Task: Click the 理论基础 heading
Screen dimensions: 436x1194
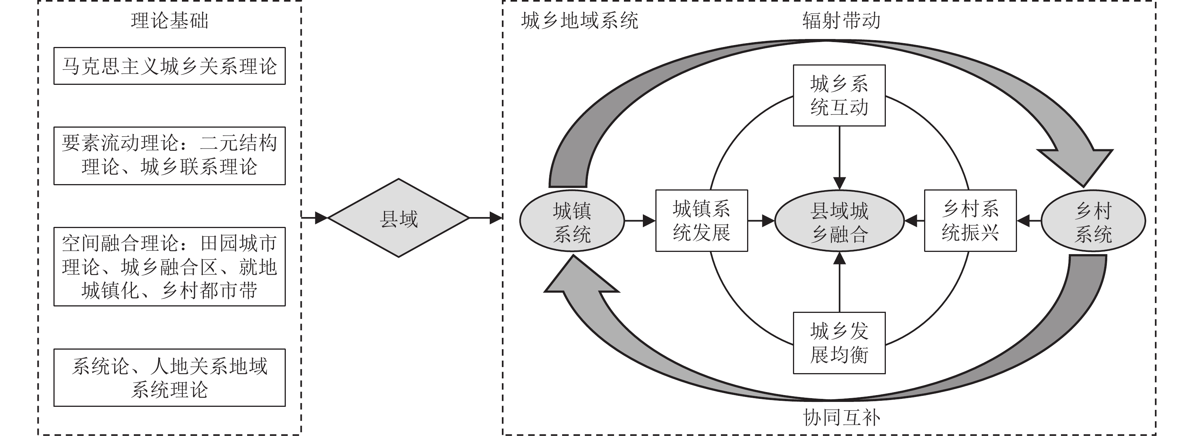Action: click(170, 21)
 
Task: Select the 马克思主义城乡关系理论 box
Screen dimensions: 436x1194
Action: click(170, 66)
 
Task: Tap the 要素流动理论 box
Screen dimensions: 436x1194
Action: click(170, 156)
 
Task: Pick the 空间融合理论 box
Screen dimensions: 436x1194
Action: click(170, 266)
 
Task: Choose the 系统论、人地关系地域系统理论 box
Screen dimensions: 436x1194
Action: click(170, 378)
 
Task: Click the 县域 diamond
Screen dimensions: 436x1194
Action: click(399, 218)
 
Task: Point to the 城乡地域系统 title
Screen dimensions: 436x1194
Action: click(580, 21)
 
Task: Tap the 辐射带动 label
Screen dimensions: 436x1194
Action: click(841, 21)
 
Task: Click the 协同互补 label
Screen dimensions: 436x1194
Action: click(841, 417)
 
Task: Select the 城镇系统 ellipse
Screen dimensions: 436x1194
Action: click(572, 221)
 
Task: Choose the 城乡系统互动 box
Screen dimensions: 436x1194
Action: click(840, 95)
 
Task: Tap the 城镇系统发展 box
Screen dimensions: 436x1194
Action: click(701, 220)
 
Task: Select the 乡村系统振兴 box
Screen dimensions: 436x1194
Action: click(970, 220)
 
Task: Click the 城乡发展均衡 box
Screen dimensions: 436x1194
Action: click(840, 343)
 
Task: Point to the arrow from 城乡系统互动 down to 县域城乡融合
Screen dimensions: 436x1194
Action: click(840, 158)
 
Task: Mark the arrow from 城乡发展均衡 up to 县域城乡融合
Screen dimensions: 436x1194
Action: click(840, 283)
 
